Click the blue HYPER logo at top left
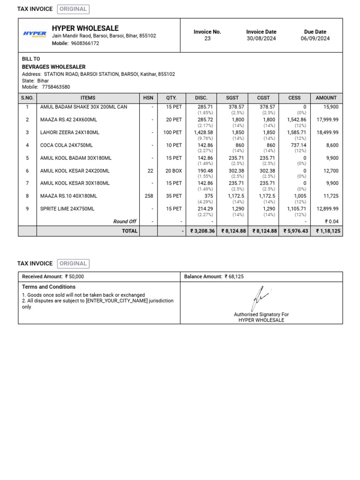click(x=35, y=34)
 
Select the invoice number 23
click(x=207, y=38)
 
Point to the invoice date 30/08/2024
click(x=261, y=38)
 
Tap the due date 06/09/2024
click(x=315, y=38)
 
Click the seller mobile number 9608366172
click(x=85, y=43)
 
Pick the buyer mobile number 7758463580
click(x=56, y=87)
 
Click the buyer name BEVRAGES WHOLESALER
click(x=54, y=67)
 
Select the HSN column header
click(x=148, y=98)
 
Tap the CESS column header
click(x=294, y=98)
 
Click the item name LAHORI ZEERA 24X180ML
click(x=69, y=133)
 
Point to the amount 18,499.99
click(x=327, y=133)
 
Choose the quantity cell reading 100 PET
click(x=172, y=133)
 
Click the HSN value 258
click(x=149, y=196)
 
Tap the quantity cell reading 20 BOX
click(x=173, y=171)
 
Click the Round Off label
click(x=125, y=221)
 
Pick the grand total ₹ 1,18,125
click(x=327, y=231)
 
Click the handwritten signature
click(x=260, y=298)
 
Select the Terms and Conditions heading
click(x=49, y=287)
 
